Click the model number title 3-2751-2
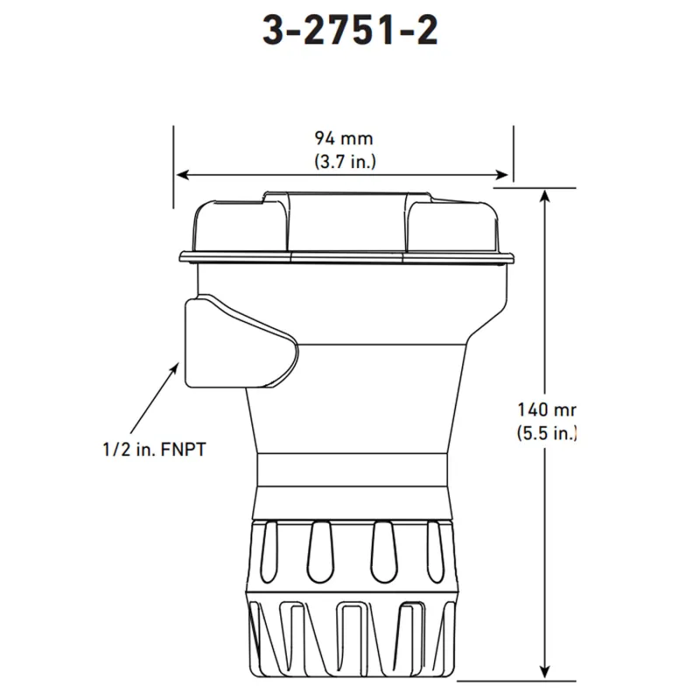coord(350,31)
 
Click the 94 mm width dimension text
coord(343,138)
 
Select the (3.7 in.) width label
coord(343,161)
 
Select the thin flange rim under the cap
coord(346,257)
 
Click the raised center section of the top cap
coord(346,219)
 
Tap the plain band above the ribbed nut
coord(353,472)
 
